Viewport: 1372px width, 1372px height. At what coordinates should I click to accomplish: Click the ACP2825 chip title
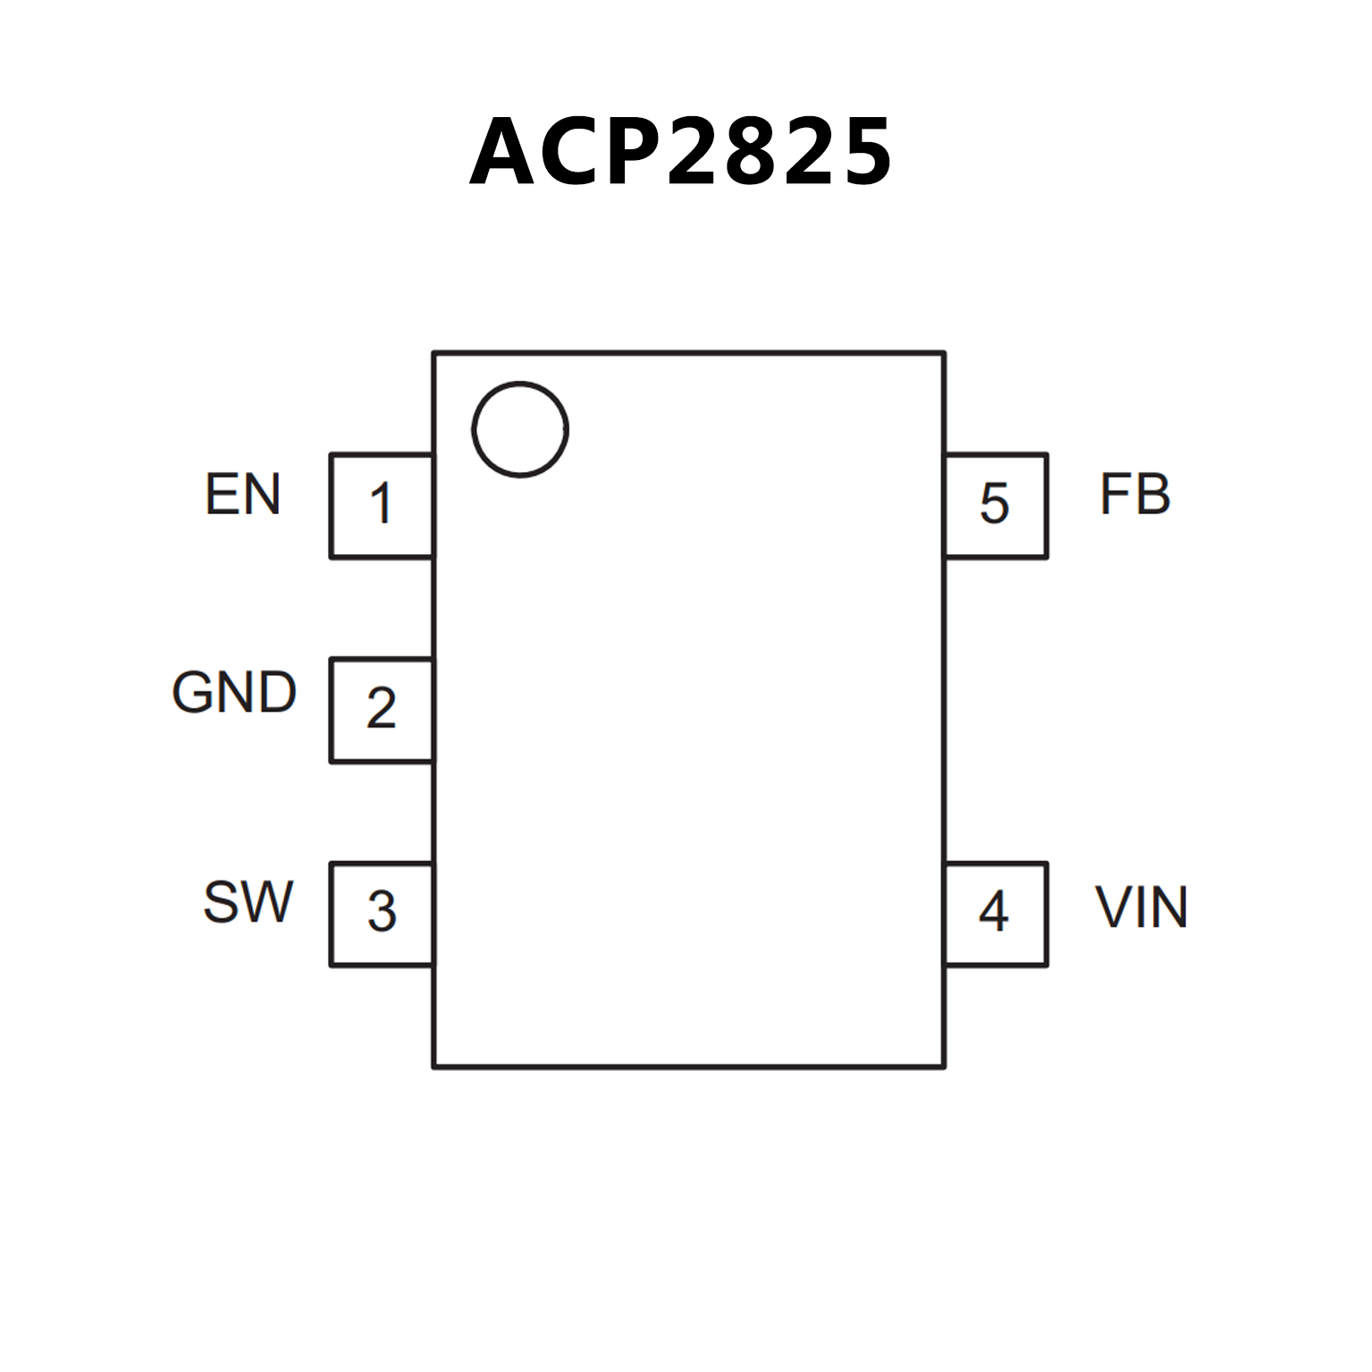681,152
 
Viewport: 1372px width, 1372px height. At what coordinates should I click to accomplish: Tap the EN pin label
242,494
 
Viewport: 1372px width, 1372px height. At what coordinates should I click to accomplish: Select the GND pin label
234,693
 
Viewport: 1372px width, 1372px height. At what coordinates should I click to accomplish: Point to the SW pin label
248,902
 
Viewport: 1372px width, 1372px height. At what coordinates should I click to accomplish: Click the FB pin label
1134,494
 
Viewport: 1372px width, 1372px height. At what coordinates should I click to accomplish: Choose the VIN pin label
1141,907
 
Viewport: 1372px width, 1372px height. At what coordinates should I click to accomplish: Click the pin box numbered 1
382,505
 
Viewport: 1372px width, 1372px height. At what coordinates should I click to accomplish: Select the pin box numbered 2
382,710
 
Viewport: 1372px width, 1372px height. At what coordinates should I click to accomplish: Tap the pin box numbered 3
382,913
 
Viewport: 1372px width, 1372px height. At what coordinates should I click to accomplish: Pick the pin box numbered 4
995,913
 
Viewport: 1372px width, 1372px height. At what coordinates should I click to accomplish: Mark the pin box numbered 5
995,505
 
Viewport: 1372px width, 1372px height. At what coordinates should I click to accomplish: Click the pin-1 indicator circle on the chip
520,429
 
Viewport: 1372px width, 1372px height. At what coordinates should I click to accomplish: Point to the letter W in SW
267,902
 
